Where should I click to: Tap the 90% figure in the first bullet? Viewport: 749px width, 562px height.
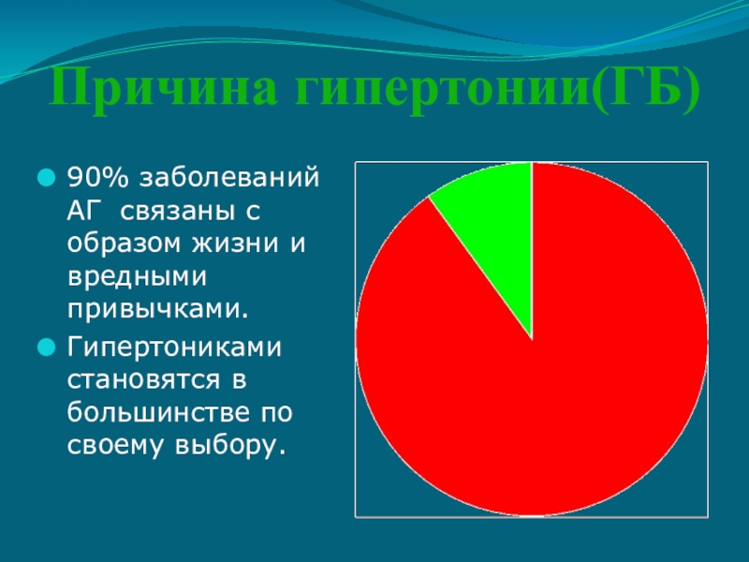tap(98, 177)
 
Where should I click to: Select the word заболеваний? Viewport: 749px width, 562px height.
tap(229, 178)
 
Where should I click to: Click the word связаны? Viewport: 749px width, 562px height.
tap(177, 212)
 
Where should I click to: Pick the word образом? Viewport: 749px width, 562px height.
tap(125, 243)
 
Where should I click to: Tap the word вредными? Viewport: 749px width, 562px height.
tap(137, 276)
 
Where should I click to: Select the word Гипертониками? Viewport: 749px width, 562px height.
tap(174, 348)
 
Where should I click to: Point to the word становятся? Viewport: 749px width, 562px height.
tap(144, 380)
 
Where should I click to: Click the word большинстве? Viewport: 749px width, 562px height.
tap(158, 411)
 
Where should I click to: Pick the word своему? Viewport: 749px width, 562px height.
tap(116, 447)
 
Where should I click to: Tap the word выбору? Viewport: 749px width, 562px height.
tap(230, 446)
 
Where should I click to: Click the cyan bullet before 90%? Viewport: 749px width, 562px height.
tap(46, 177)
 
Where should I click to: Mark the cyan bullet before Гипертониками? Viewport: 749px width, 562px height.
tap(46, 347)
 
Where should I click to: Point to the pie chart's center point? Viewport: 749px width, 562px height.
tap(532, 339)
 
